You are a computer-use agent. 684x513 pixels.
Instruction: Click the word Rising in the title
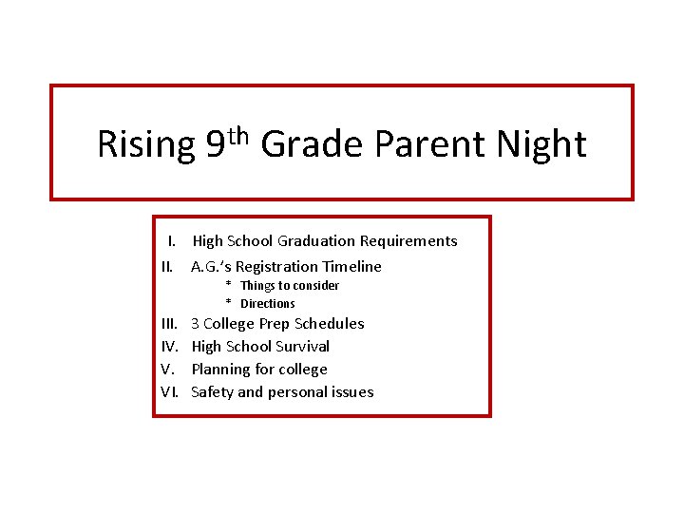click(x=145, y=145)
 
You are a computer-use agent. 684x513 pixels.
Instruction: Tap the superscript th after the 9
click(x=238, y=134)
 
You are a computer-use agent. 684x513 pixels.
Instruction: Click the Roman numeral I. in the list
click(x=174, y=241)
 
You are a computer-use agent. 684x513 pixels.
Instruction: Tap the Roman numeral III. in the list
click(x=170, y=324)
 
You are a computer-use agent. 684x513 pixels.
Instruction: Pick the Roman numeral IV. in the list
click(x=170, y=347)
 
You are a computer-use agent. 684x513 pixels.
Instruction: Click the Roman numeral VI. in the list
click(x=171, y=392)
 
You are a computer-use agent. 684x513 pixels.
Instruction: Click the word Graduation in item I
click(x=316, y=241)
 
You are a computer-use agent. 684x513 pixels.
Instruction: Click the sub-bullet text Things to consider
click(x=289, y=286)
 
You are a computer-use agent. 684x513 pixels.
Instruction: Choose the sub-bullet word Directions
click(x=267, y=304)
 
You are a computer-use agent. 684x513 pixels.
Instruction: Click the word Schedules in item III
click(x=329, y=324)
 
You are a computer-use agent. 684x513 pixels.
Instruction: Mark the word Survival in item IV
click(x=301, y=347)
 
